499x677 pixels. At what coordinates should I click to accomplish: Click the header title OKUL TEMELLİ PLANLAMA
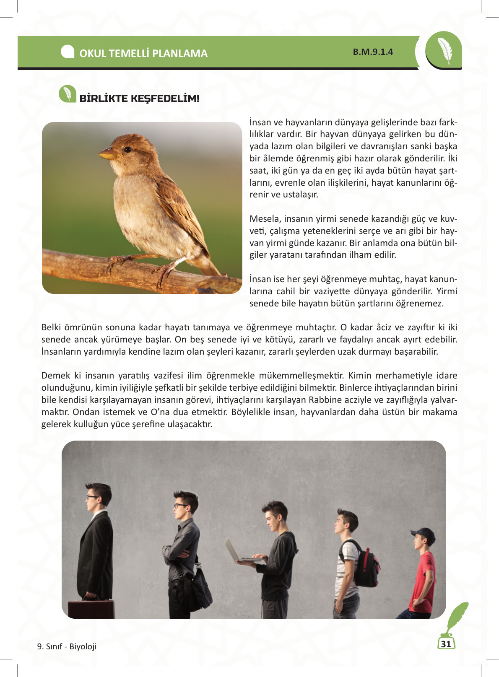[x=143, y=53]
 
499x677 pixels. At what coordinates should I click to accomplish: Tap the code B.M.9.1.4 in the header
[x=373, y=52]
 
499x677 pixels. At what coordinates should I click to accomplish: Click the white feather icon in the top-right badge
[x=444, y=51]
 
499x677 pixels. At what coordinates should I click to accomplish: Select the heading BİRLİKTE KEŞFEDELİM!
[x=139, y=99]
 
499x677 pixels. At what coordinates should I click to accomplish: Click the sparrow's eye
[x=127, y=149]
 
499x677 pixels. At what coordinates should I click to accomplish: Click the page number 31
[x=446, y=644]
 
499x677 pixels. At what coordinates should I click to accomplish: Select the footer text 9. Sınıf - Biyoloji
[x=67, y=646]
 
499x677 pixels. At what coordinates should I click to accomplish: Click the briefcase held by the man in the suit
[x=91, y=608]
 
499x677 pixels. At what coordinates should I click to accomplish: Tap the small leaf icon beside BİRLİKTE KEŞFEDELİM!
[x=67, y=94]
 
